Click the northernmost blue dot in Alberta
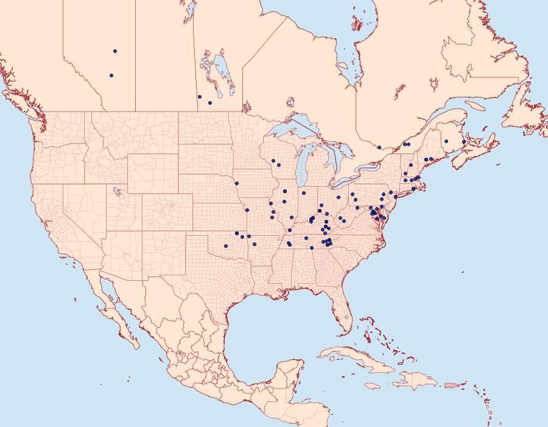pos(114,51)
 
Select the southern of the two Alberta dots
pos(111,76)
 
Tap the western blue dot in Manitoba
pos(199,96)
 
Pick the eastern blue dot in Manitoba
pos(209,102)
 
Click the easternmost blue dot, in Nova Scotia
pos(464,142)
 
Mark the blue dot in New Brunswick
pos(446,141)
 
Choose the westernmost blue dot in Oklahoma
pos(225,246)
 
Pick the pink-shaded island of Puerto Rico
pos(451,384)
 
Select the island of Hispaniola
pos(414,381)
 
